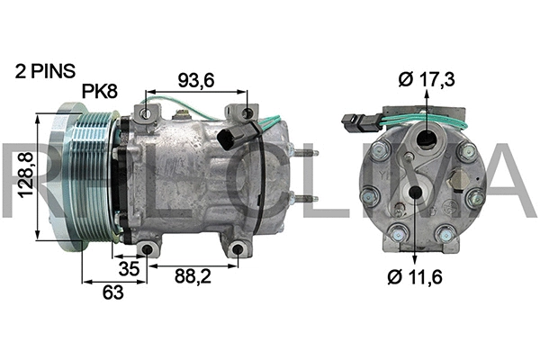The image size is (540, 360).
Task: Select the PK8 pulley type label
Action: pos(101,91)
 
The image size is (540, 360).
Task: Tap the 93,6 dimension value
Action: pos(195,80)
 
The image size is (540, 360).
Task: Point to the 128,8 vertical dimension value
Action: pos(24,177)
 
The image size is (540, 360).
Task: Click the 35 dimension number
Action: pos(130,268)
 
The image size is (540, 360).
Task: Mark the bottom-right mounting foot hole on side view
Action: pos(238,250)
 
